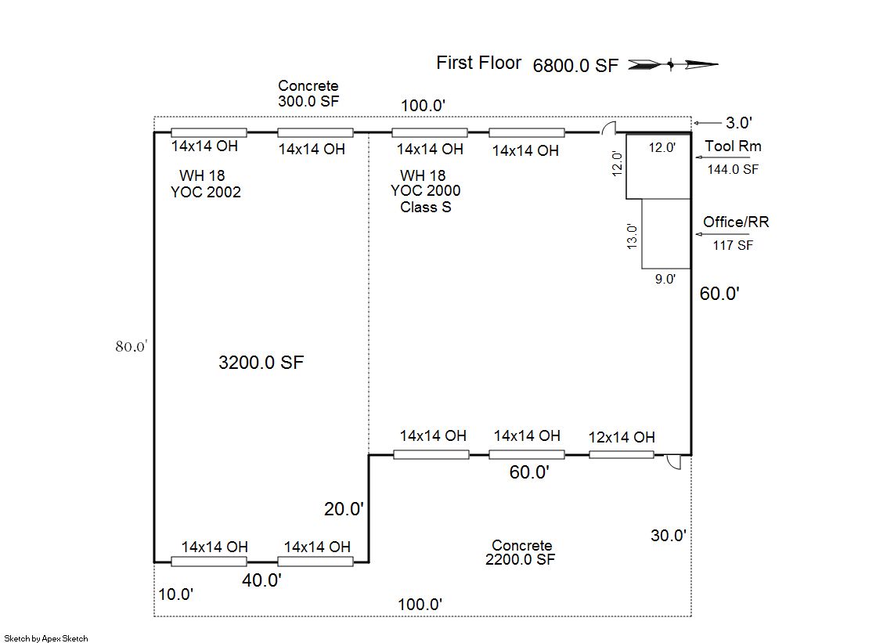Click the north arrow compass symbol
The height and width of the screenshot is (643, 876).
(672, 65)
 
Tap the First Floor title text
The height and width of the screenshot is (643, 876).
(479, 63)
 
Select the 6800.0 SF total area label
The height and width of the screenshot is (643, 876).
(575, 66)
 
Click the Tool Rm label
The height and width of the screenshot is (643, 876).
(733, 146)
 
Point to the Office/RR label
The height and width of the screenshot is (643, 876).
(736, 222)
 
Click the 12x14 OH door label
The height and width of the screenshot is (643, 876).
(622, 437)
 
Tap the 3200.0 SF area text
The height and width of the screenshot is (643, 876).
(261, 363)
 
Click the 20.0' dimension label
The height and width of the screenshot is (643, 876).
(344, 509)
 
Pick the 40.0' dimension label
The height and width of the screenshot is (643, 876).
(261, 580)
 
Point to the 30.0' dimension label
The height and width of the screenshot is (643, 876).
(669, 536)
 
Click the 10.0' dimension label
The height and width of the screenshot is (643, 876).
(175, 594)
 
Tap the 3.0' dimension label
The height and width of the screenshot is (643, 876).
(738, 123)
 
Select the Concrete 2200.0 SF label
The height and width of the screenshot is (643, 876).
(521, 552)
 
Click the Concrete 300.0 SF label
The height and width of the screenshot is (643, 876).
(308, 93)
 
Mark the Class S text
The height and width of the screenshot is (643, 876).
(426, 208)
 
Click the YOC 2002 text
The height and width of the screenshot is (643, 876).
(206, 193)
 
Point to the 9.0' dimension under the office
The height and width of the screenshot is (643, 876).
(665, 279)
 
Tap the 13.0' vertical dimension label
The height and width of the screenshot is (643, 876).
(632, 236)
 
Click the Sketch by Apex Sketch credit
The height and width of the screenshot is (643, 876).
(46, 638)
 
